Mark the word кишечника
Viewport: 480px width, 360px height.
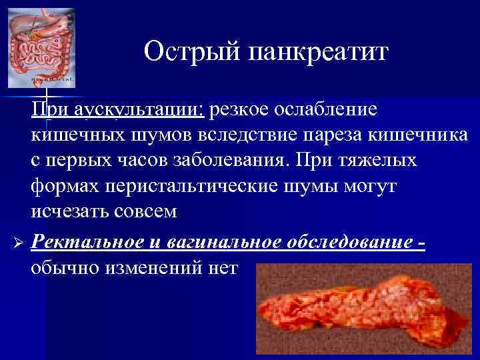(x=420, y=135)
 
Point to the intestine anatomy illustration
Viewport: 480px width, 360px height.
(x=41, y=48)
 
